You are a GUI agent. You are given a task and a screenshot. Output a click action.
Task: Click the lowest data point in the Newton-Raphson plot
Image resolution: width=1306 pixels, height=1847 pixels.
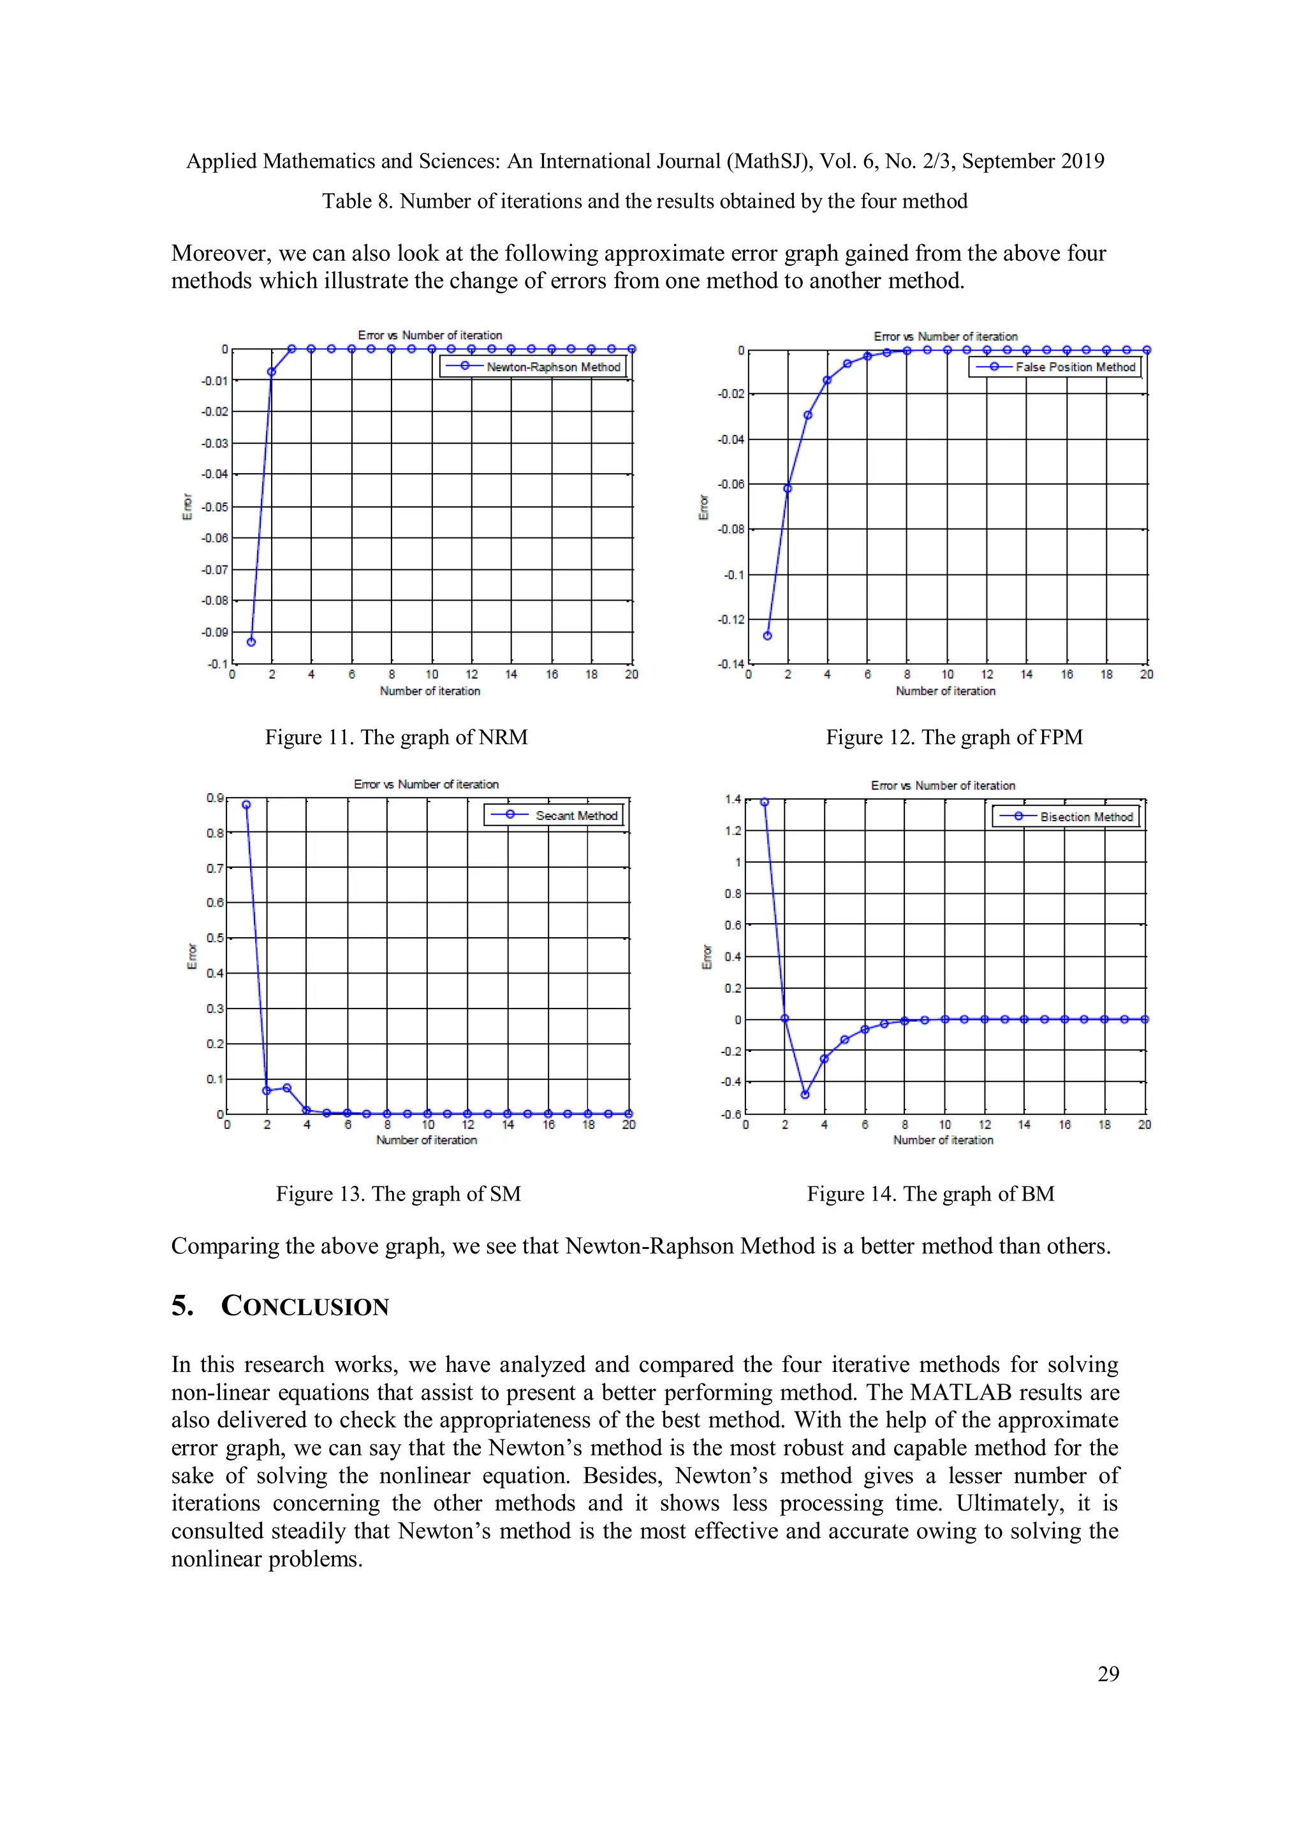click(251, 642)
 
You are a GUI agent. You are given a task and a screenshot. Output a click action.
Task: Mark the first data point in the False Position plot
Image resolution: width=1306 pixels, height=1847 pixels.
click(767, 636)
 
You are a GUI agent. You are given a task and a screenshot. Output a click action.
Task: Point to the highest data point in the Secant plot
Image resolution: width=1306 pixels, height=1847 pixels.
click(246, 805)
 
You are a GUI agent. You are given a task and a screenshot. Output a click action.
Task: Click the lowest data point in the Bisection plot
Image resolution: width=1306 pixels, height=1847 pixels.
click(805, 1095)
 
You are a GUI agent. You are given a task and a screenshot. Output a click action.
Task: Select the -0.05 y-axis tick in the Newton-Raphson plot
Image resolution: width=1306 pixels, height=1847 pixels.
click(215, 507)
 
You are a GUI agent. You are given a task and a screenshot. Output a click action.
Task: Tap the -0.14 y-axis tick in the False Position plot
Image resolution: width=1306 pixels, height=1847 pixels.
click(731, 664)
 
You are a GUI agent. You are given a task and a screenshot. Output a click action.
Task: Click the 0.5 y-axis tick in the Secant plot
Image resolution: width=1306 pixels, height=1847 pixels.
click(214, 938)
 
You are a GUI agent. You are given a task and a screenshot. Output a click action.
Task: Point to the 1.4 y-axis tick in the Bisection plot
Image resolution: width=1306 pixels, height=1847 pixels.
click(732, 799)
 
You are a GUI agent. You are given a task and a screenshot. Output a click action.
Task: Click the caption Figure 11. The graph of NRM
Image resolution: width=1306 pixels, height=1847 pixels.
click(396, 737)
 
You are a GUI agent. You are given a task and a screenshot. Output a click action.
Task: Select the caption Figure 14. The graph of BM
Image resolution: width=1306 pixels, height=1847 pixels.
click(930, 1194)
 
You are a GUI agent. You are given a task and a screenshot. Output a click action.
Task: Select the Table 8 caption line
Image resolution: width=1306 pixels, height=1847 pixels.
click(645, 201)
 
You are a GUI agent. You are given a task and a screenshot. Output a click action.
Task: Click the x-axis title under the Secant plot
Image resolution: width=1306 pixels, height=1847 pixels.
click(427, 1140)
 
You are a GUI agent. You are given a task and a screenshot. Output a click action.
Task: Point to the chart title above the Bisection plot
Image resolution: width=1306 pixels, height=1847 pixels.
click(943, 785)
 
